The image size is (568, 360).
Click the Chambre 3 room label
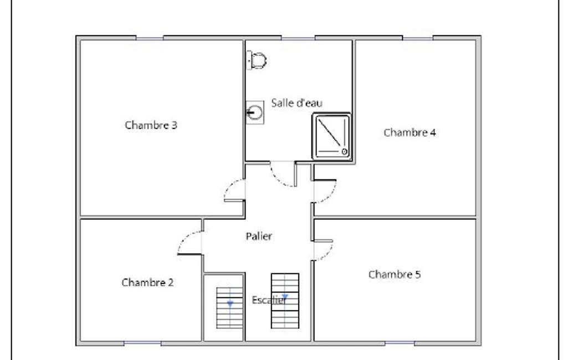(x=151, y=125)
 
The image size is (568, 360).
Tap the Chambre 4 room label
(x=410, y=132)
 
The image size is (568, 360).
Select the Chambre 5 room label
(x=395, y=275)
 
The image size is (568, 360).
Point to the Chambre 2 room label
(x=147, y=282)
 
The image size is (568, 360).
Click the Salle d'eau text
(x=296, y=103)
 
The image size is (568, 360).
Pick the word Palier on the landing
(x=259, y=236)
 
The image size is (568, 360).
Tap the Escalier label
(x=269, y=300)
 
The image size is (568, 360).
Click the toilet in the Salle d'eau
(x=257, y=60)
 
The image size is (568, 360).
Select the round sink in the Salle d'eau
(x=255, y=112)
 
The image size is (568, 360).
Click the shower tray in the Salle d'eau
(x=331, y=136)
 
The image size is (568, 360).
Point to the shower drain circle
(x=345, y=152)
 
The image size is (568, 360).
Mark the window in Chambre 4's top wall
(x=418, y=38)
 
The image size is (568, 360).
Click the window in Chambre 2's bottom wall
(x=142, y=343)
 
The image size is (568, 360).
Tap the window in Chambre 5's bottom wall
(x=400, y=343)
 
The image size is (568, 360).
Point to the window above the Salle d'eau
(x=298, y=38)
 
